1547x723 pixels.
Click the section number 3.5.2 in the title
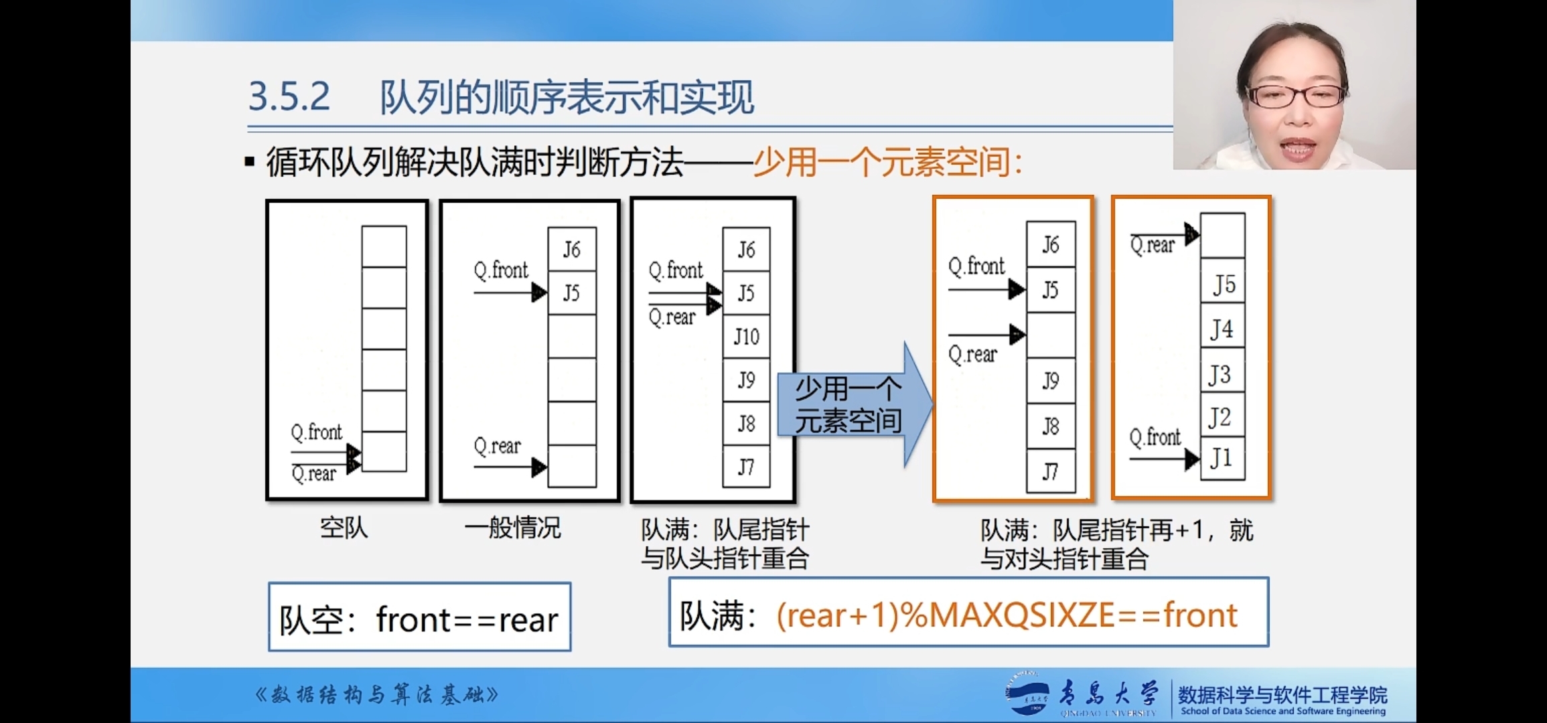(x=289, y=96)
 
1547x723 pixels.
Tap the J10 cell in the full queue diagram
(x=746, y=336)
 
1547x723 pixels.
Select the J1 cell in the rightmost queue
(x=1222, y=459)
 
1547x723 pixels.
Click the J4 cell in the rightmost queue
(x=1222, y=329)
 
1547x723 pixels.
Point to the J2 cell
(x=1222, y=418)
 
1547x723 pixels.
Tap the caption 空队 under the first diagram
(x=344, y=528)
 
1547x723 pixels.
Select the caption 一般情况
(x=512, y=528)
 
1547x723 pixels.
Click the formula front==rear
(x=467, y=619)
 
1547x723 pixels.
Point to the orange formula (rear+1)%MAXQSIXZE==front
(x=1006, y=615)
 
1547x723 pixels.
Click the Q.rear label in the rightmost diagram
(x=1153, y=246)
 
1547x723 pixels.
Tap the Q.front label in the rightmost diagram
(x=1155, y=437)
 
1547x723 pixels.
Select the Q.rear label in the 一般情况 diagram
(x=497, y=446)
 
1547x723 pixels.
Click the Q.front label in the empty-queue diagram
(x=316, y=432)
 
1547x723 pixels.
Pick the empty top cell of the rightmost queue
(x=1222, y=236)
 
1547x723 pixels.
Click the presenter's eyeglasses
(x=1297, y=96)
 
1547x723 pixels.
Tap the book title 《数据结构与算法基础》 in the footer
(x=376, y=695)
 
